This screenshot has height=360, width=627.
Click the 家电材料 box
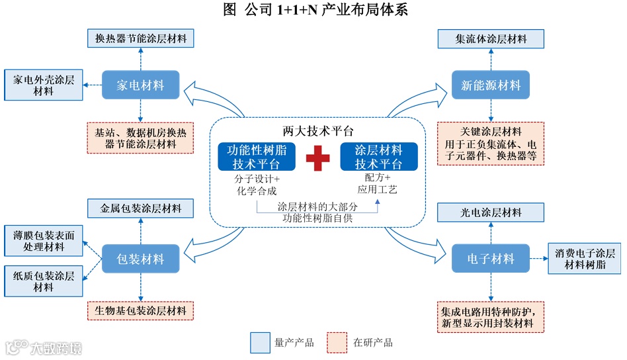click(140, 86)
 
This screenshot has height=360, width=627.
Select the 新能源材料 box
click(491, 86)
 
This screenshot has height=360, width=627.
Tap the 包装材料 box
click(140, 259)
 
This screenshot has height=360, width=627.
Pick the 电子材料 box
click(491, 259)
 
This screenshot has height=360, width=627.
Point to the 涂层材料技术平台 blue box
click(379, 157)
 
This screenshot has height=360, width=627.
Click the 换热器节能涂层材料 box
click(140, 38)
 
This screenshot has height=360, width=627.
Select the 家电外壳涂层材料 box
click(44, 86)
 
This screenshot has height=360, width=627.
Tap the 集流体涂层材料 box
click(491, 38)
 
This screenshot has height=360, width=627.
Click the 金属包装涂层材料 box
click(140, 209)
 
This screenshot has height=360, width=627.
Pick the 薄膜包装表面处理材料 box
click(44, 241)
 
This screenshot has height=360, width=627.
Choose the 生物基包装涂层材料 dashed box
click(140, 310)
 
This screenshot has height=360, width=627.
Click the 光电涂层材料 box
click(491, 213)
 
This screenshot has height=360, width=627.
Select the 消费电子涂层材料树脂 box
click(585, 259)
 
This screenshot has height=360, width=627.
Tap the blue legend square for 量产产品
click(261, 342)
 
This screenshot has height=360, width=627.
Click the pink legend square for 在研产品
click(338, 342)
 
